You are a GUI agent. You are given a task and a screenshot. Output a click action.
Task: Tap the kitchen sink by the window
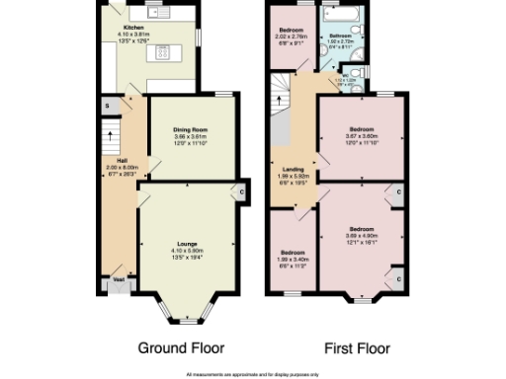point(156,15)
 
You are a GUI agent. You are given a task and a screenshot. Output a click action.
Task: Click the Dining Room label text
point(188,129)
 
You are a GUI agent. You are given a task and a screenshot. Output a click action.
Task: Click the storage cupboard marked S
point(107,105)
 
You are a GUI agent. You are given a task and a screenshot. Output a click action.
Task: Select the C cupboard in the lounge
point(240,191)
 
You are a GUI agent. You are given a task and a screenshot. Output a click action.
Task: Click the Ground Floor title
point(181,348)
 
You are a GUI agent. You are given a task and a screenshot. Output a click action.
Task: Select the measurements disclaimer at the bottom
point(253,373)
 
